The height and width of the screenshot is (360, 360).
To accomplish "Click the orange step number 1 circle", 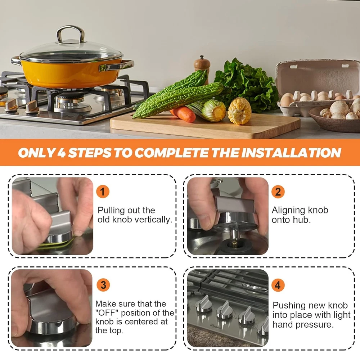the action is (x=103, y=192).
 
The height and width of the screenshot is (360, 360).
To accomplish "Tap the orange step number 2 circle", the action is (x=278, y=192).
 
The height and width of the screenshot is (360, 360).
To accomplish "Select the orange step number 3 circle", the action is (x=103, y=285).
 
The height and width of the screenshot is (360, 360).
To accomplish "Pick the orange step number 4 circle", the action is (x=278, y=285).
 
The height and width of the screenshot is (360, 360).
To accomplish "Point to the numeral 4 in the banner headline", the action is (x=61, y=153).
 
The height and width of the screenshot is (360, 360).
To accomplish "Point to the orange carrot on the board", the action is (x=183, y=114).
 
